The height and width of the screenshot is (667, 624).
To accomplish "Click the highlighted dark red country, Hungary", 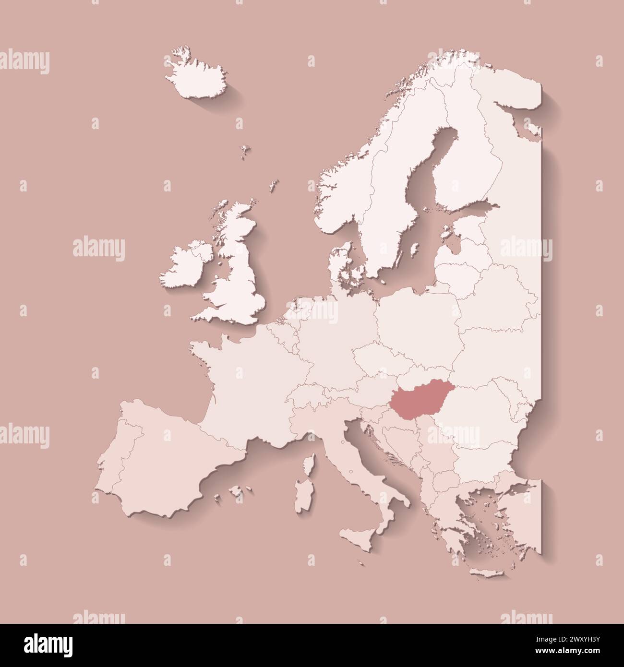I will click(417, 396).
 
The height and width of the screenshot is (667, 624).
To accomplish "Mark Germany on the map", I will click(336, 331).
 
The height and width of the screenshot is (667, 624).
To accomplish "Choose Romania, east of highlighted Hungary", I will click(475, 408).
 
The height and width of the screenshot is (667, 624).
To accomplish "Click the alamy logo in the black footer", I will click(48, 645).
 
